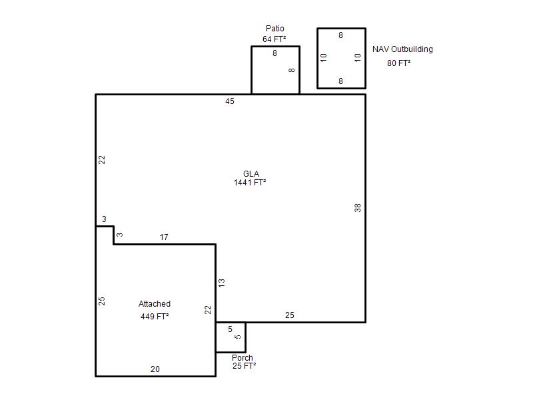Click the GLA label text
coord(251,174)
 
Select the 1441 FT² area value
coord(250,182)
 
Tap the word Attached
coord(155,304)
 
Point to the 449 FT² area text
coord(155,316)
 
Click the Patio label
coord(274,29)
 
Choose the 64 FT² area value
coord(274,39)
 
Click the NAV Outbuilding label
coord(402,49)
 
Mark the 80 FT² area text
coord(398,63)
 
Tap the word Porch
coord(243,358)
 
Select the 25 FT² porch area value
coord(244,365)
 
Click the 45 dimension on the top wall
coord(230,101)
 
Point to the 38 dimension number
coord(358,208)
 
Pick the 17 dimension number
coord(164,237)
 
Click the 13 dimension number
coord(222,283)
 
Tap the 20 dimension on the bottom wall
coord(155,369)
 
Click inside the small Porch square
coord(231,337)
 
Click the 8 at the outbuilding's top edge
coord(340,35)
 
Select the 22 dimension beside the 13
coord(208,310)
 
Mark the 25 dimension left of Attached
coord(102,301)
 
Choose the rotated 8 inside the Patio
coord(292,70)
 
